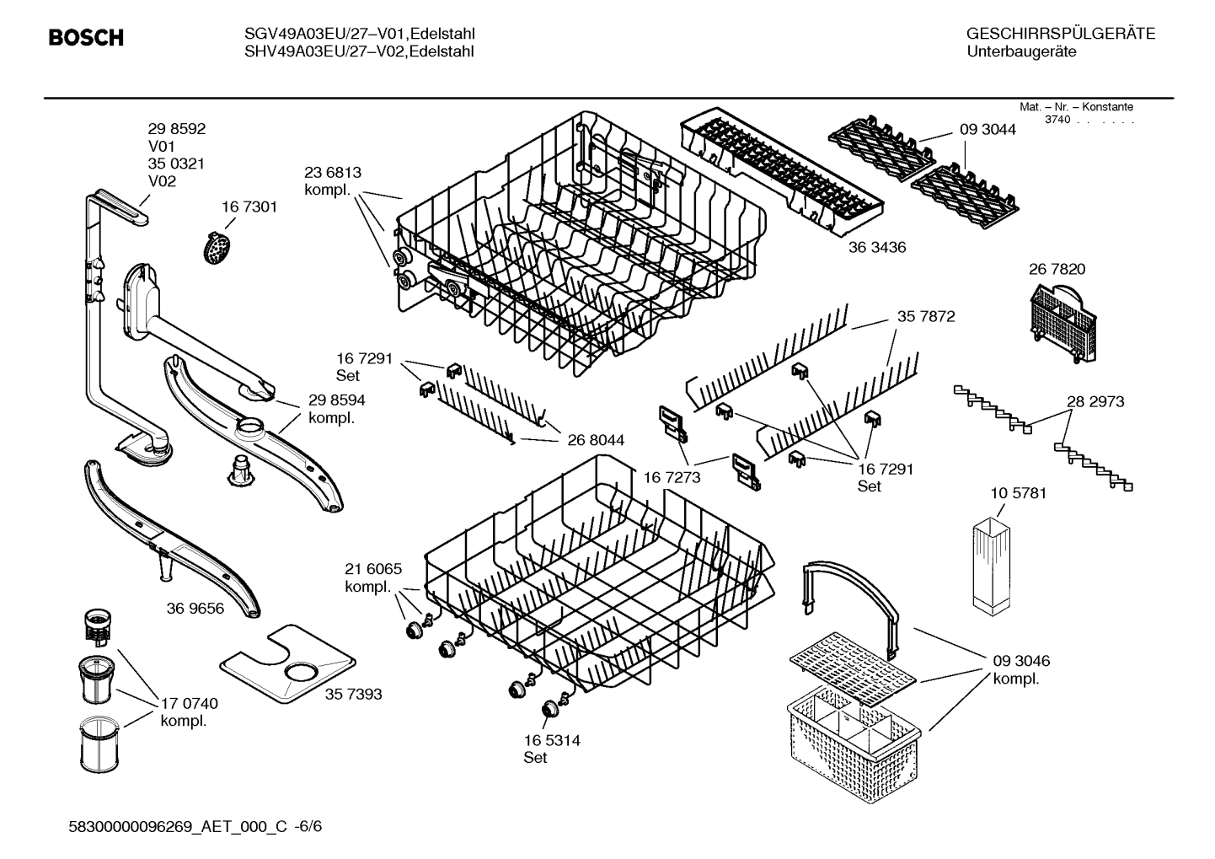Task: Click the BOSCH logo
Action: pos(86,38)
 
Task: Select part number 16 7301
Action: pos(249,207)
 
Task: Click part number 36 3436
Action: pos(877,248)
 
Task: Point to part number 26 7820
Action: pos(1057,269)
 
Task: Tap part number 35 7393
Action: pos(353,694)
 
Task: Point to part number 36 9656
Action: pos(195,608)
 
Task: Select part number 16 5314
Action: pos(551,740)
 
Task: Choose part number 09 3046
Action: pos(1021,661)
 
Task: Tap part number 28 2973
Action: pos(1095,402)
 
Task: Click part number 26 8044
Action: pos(596,440)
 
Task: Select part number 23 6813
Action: pos(333,173)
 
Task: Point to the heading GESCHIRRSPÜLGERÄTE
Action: pos(1061,34)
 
